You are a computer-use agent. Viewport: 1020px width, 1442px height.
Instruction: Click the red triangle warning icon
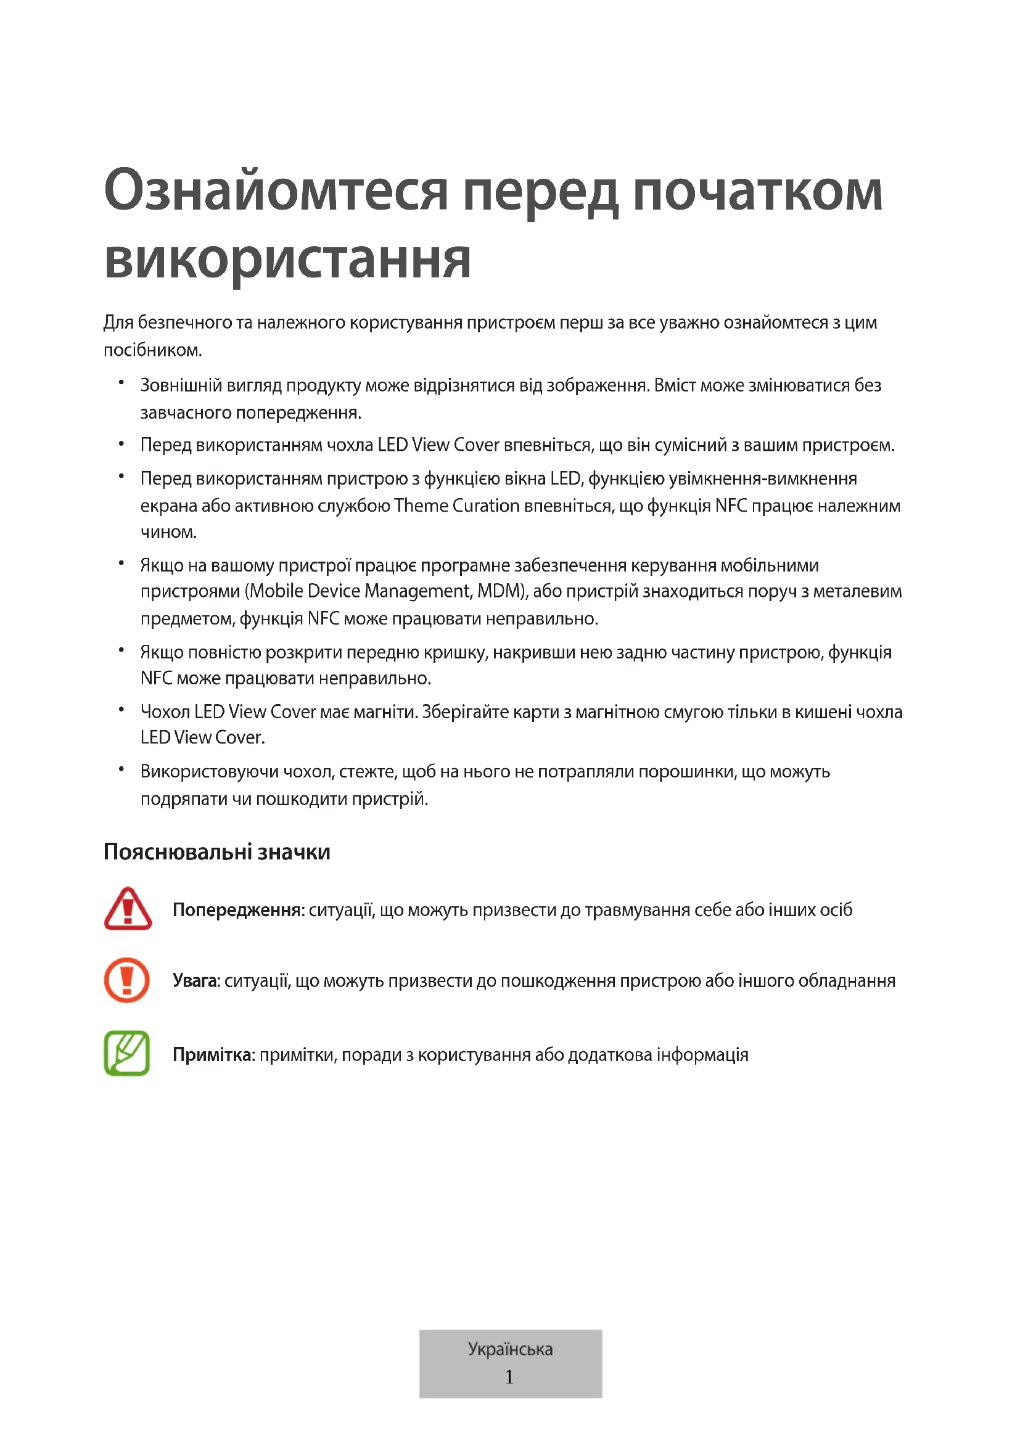click(128, 909)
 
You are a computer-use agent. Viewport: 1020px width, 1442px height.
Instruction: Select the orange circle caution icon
click(127, 980)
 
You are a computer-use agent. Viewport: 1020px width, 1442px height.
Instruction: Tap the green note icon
click(127, 1053)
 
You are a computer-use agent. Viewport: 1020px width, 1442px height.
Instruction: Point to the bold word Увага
click(195, 981)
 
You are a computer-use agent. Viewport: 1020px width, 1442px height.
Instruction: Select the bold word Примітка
click(213, 1054)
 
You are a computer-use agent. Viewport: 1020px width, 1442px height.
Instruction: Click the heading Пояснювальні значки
click(216, 851)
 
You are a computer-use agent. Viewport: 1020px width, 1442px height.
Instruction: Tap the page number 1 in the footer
click(509, 1377)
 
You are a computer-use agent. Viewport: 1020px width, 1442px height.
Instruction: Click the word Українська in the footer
click(510, 1349)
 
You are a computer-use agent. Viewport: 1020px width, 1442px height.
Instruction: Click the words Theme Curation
click(456, 506)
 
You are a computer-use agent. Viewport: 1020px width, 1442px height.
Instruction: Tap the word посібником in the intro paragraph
click(152, 350)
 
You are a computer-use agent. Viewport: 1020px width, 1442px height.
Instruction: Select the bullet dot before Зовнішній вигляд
click(121, 382)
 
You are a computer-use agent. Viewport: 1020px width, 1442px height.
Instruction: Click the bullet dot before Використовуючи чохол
click(121, 769)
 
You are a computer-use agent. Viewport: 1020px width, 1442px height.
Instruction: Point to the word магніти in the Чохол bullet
click(385, 712)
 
